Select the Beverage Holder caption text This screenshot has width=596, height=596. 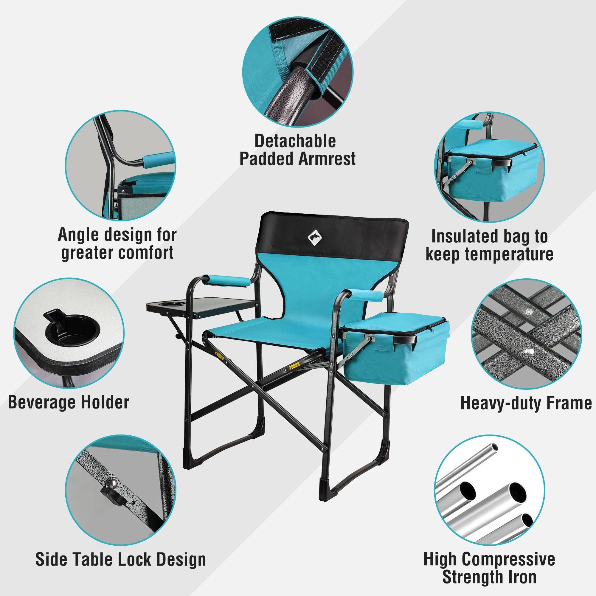[69, 402]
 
